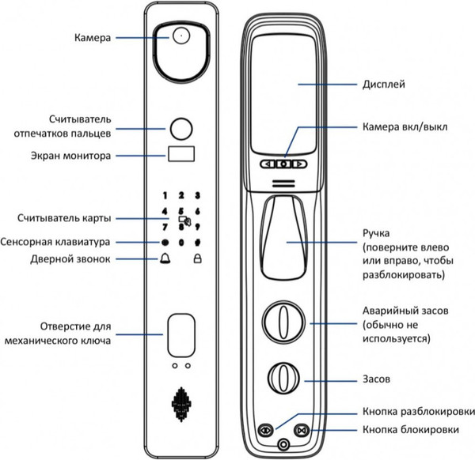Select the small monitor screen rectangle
(180, 156)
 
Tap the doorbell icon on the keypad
(164, 259)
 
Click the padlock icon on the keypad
(197, 259)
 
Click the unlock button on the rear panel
(265, 430)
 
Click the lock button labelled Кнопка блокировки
(301, 430)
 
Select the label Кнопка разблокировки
(416, 412)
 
